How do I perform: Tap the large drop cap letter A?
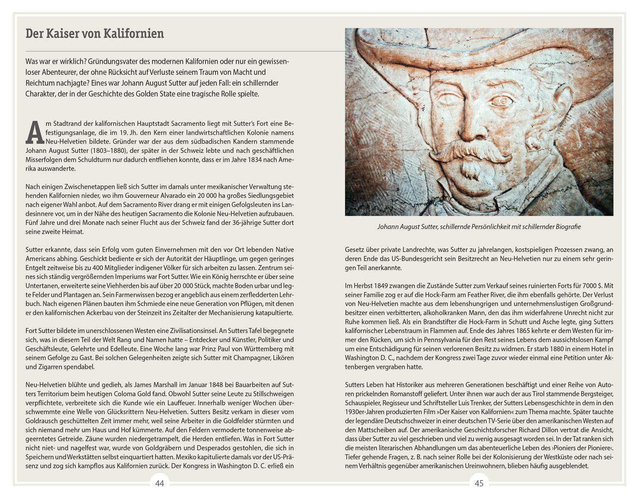pyautogui.click(x=35, y=132)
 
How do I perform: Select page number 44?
pyautogui.click(x=160, y=483)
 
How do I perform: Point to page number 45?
pyautogui.click(x=479, y=483)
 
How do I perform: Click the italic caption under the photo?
pyautogui.click(x=479, y=227)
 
